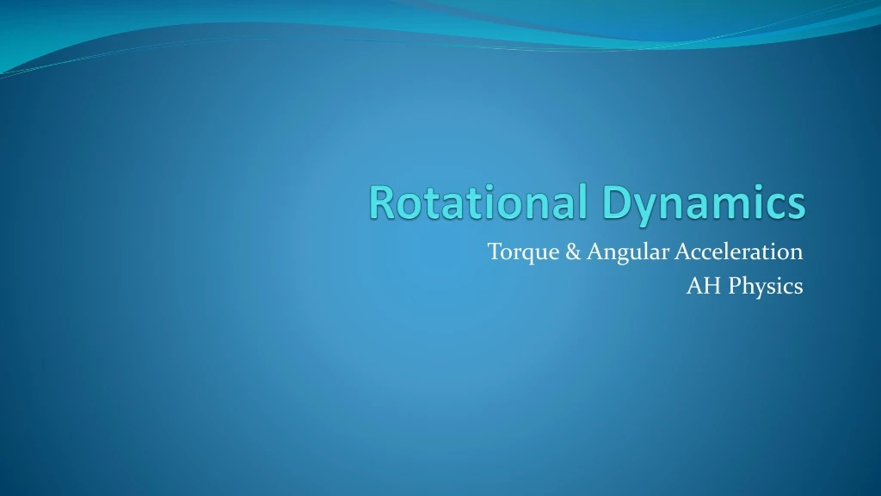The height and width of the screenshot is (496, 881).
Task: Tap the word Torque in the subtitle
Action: coord(513,252)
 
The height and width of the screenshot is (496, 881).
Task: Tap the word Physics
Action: coord(766,287)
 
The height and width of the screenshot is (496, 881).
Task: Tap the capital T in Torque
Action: coord(494,252)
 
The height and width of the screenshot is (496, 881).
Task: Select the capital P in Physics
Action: coord(735,287)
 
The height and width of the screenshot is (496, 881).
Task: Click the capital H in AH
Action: coord(712,287)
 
